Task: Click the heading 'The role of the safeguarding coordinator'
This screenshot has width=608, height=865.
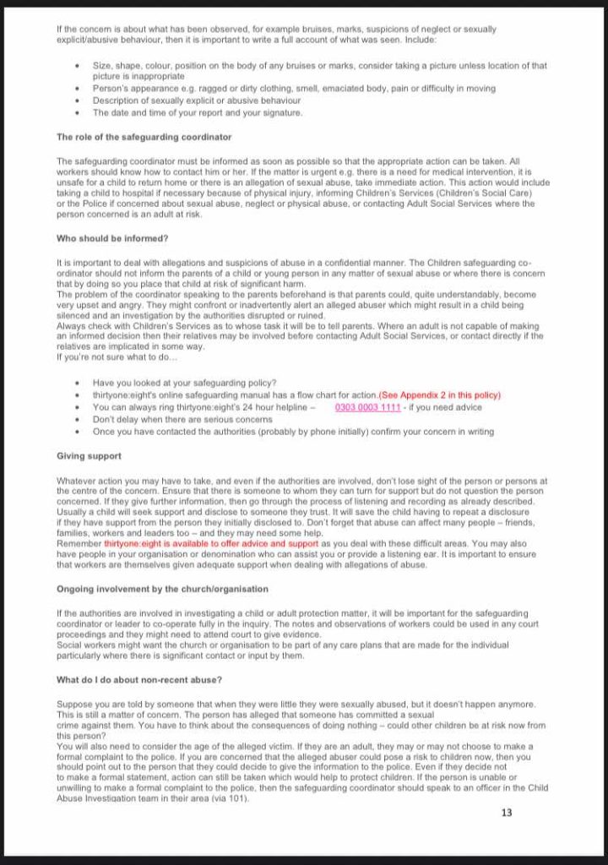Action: [144, 137]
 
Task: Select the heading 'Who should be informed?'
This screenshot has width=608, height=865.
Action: [112, 239]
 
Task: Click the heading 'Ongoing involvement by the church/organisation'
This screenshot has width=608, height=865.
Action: [162, 589]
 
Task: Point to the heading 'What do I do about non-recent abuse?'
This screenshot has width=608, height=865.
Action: [139, 680]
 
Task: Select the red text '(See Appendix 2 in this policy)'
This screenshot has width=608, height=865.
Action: [439, 395]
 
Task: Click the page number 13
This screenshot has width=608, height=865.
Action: [507, 813]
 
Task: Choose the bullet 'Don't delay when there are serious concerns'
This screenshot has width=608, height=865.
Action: [182, 419]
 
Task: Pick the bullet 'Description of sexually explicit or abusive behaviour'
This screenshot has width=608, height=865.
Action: [197, 101]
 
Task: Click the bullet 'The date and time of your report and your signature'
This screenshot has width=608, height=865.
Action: [197, 112]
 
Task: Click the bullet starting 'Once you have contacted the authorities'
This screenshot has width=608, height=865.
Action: [293, 432]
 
